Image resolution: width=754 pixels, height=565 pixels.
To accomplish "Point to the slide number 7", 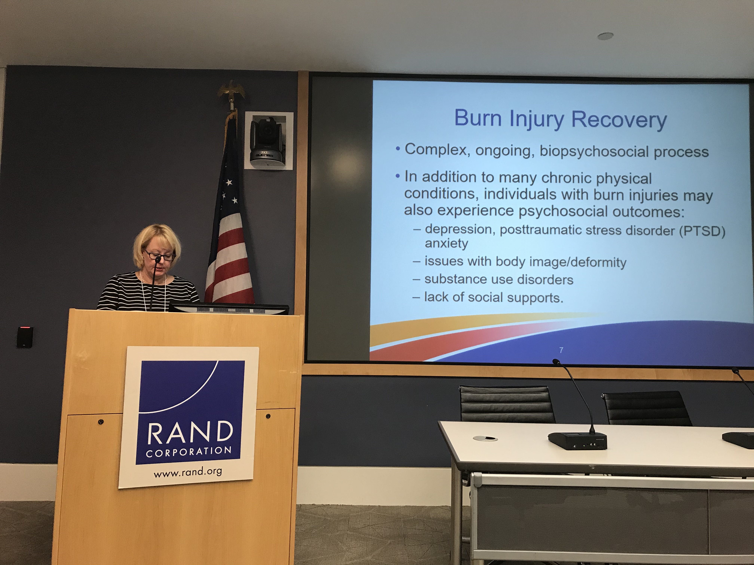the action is coord(561,350).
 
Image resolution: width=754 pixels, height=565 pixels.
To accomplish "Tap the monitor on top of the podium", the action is coord(229,308).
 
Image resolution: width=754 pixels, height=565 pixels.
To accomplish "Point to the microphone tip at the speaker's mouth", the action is coord(158,259).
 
